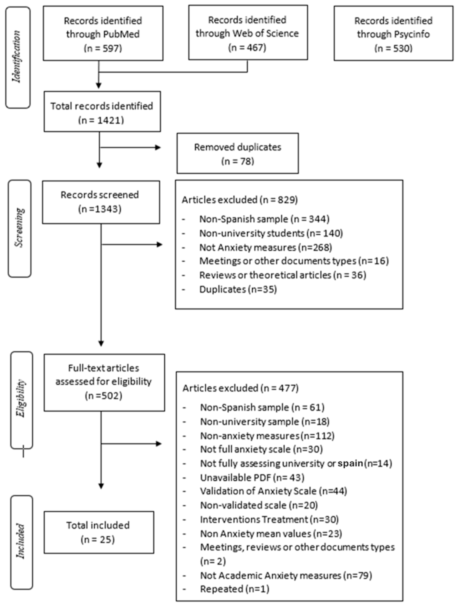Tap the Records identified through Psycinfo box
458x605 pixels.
(x=393, y=33)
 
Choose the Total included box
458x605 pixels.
(x=98, y=532)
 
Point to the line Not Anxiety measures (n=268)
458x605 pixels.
(x=265, y=247)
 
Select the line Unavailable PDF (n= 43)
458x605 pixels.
(x=252, y=478)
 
